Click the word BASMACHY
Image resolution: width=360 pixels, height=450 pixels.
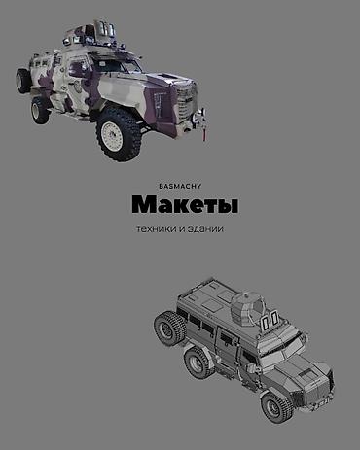[180, 186]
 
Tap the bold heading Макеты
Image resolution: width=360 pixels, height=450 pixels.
[185, 204]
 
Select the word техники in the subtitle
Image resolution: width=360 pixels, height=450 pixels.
[157, 229]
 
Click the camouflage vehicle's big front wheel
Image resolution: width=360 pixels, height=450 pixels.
[118, 134]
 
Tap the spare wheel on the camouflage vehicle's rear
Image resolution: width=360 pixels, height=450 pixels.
[23, 81]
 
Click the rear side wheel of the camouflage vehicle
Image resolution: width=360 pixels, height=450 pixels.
[40, 111]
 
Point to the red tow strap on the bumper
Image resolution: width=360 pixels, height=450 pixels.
[204, 133]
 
